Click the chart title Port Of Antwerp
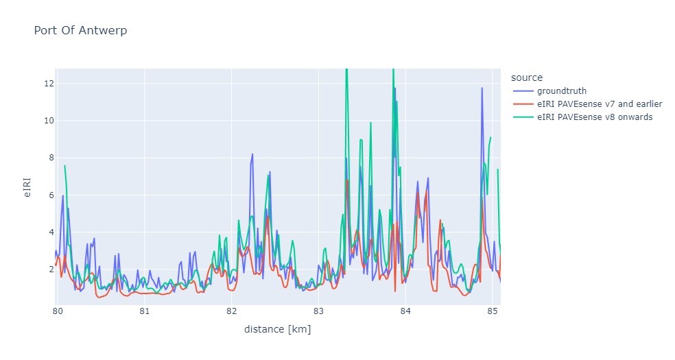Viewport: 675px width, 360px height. pyautogui.click(x=80, y=31)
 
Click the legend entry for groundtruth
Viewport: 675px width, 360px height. pyautogui.click(x=561, y=90)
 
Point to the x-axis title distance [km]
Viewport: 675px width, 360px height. pyautogui.click(x=277, y=330)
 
